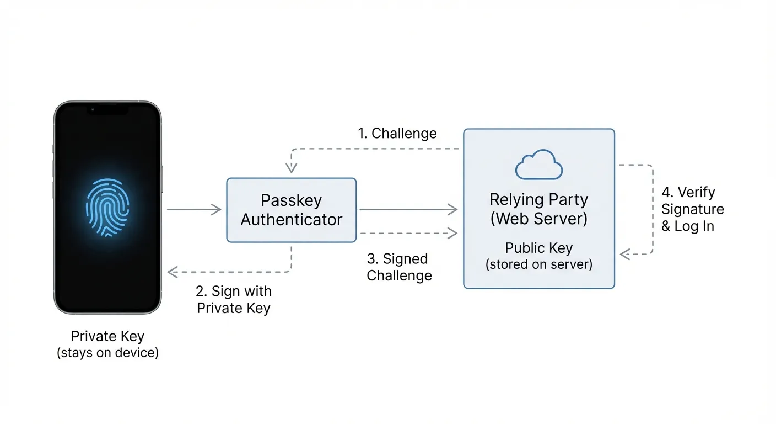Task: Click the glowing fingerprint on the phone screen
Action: pyautogui.click(x=107, y=208)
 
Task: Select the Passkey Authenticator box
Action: pyautogui.click(x=291, y=210)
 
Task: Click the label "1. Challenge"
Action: pyautogui.click(x=397, y=134)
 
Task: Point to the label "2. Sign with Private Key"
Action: pyautogui.click(x=234, y=299)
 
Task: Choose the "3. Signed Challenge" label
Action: pyautogui.click(x=399, y=267)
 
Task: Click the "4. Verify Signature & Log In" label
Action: pyautogui.click(x=692, y=209)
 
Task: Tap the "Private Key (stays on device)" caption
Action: pyautogui.click(x=107, y=344)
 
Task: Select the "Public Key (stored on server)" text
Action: pyautogui.click(x=538, y=256)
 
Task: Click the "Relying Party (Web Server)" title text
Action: pyautogui.click(x=538, y=209)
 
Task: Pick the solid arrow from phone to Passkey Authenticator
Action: pyautogui.click(x=193, y=209)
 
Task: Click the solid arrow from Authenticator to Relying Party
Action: pyautogui.click(x=408, y=209)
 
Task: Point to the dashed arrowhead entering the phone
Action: pyautogui.click(x=172, y=272)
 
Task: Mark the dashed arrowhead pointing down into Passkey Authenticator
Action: pyautogui.click(x=291, y=168)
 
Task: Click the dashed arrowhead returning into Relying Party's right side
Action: pyautogui.click(x=625, y=254)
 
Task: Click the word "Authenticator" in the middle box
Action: pyautogui.click(x=291, y=220)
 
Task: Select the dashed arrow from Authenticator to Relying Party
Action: pyautogui.click(x=408, y=234)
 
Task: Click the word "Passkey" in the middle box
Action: pyautogui.click(x=291, y=200)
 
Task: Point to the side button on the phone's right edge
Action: pyautogui.click(x=161, y=179)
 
